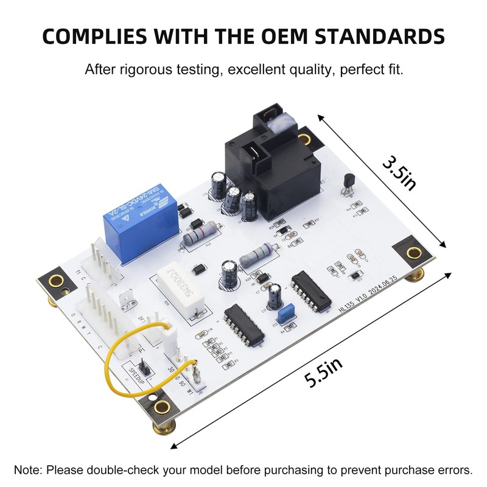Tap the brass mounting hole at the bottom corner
(x=161, y=407)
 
